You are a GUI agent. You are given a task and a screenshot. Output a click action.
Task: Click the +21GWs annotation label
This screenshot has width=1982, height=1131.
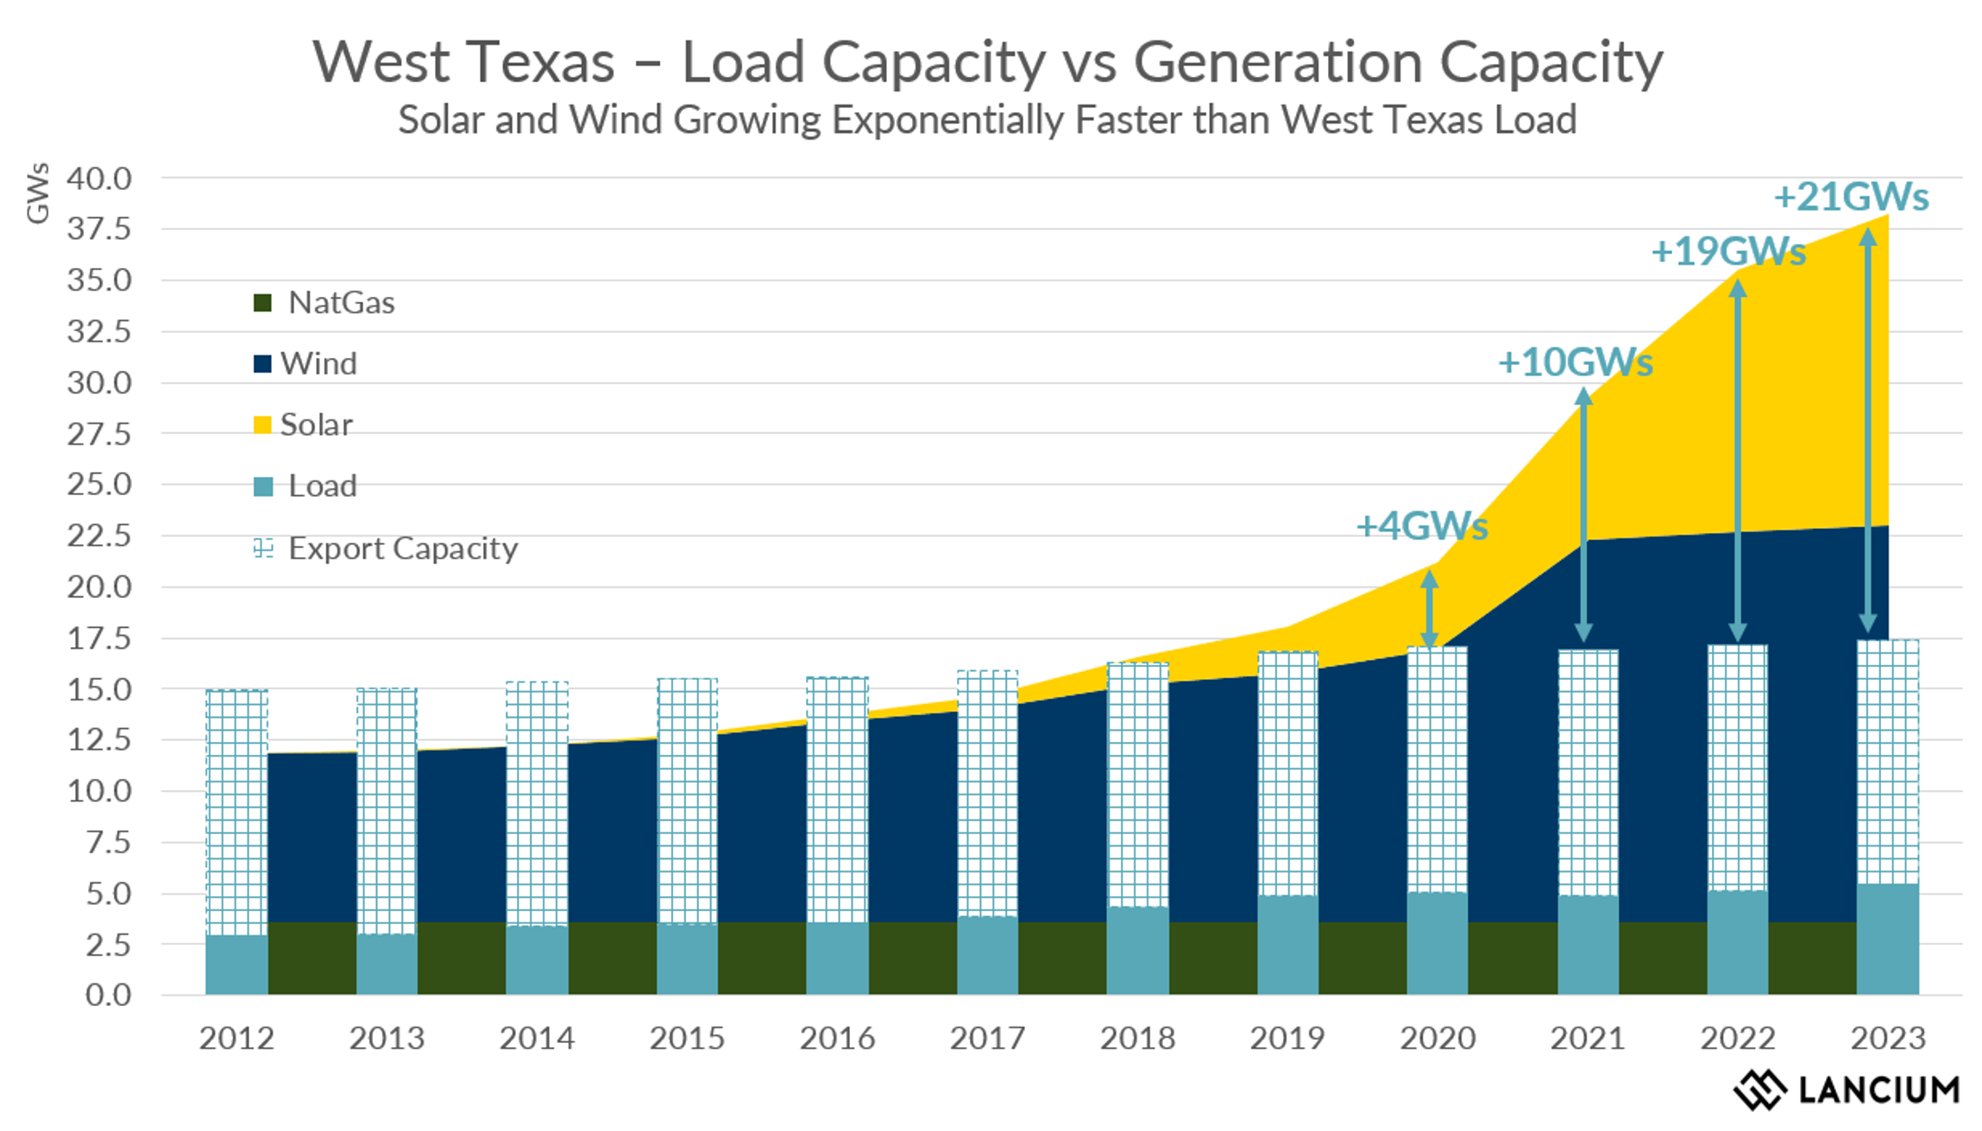(x=1850, y=198)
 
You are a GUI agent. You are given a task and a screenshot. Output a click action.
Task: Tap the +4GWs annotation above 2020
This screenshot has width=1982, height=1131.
(x=1421, y=526)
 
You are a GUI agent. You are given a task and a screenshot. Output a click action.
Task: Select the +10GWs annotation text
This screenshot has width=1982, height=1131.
(x=1575, y=362)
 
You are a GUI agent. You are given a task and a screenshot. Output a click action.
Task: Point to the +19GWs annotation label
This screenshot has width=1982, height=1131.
(x=1727, y=252)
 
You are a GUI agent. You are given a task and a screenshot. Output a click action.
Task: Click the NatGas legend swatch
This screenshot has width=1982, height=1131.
(x=262, y=303)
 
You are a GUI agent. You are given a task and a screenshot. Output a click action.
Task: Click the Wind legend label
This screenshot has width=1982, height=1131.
(x=318, y=363)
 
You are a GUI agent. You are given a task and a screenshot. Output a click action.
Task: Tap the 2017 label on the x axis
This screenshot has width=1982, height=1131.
(x=986, y=1038)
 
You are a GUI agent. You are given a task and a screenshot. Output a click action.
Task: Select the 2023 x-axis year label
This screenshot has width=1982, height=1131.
(x=1887, y=1038)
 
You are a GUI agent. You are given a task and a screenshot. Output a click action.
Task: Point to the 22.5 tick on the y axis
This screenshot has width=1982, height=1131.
(x=99, y=536)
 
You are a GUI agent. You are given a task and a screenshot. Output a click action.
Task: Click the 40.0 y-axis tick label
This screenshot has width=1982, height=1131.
(x=99, y=179)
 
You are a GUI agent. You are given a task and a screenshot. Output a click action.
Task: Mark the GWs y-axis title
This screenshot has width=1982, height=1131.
(x=37, y=193)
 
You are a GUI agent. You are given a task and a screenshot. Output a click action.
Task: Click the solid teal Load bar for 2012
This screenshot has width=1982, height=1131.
(x=236, y=964)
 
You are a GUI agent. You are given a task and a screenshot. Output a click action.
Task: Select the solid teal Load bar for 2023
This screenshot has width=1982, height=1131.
(x=1887, y=939)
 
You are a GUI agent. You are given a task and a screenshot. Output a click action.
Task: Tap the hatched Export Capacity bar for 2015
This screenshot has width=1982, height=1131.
(x=687, y=802)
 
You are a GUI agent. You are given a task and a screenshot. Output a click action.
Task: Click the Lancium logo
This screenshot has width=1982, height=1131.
(x=1846, y=1090)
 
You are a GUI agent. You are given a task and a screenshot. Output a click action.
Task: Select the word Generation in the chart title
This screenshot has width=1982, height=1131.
(x=1277, y=62)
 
